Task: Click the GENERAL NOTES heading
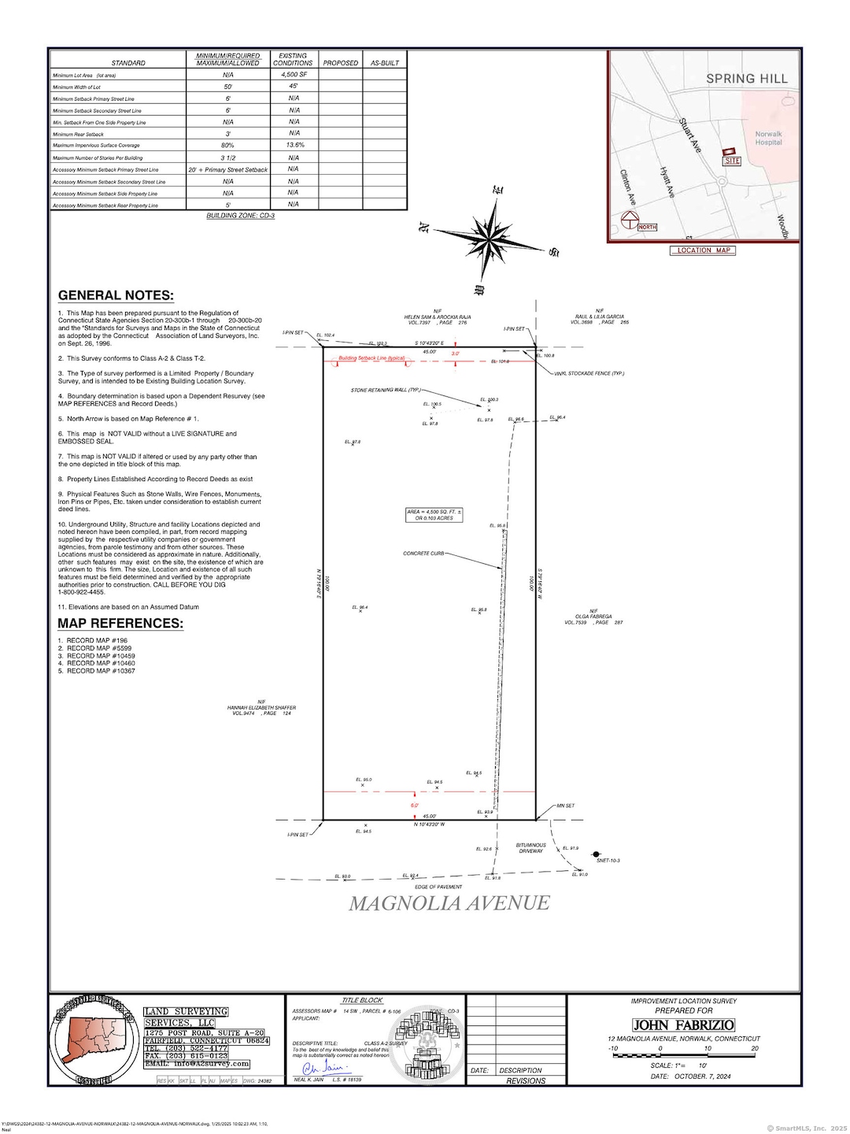(x=116, y=296)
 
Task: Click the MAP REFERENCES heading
(x=120, y=624)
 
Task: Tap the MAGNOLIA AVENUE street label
(x=449, y=903)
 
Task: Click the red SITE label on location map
(x=732, y=161)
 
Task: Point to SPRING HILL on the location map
(x=746, y=79)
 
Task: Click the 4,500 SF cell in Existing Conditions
(x=294, y=75)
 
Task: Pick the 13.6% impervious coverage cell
(x=294, y=146)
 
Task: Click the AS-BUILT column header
(x=385, y=63)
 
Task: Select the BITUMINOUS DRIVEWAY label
(x=531, y=848)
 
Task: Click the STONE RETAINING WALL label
(x=386, y=390)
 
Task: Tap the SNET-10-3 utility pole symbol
(x=597, y=854)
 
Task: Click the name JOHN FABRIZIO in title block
(x=683, y=1025)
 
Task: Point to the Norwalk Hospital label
(x=768, y=138)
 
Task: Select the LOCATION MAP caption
(x=704, y=250)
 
